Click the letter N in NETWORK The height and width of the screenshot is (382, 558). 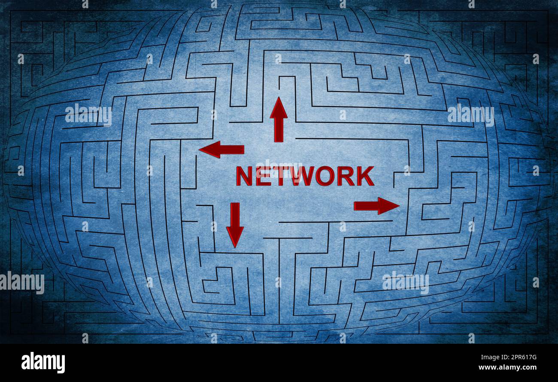[x=244, y=176]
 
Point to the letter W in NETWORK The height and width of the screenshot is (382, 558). [x=303, y=176]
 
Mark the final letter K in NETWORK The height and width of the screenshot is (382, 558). [x=365, y=176]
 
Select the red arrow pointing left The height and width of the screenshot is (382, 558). [x=221, y=149]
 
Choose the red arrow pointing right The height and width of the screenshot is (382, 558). [x=376, y=206]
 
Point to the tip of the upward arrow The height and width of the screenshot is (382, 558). [x=279, y=98]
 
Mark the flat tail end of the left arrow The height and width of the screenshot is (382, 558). [x=243, y=150]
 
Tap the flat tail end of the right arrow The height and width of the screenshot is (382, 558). [x=355, y=206]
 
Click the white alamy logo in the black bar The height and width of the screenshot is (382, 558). [x=43, y=363]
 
